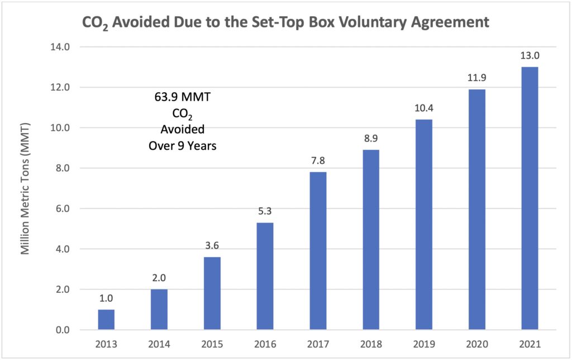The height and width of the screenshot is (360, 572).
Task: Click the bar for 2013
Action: click(x=106, y=320)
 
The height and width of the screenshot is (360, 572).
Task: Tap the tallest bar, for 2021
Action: click(x=530, y=198)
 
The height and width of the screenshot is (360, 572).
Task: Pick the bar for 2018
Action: click(x=371, y=240)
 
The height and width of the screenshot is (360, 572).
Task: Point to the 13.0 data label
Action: click(x=530, y=56)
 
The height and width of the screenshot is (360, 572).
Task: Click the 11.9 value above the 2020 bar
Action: click(x=476, y=79)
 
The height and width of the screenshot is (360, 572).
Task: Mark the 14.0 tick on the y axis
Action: click(x=59, y=48)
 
